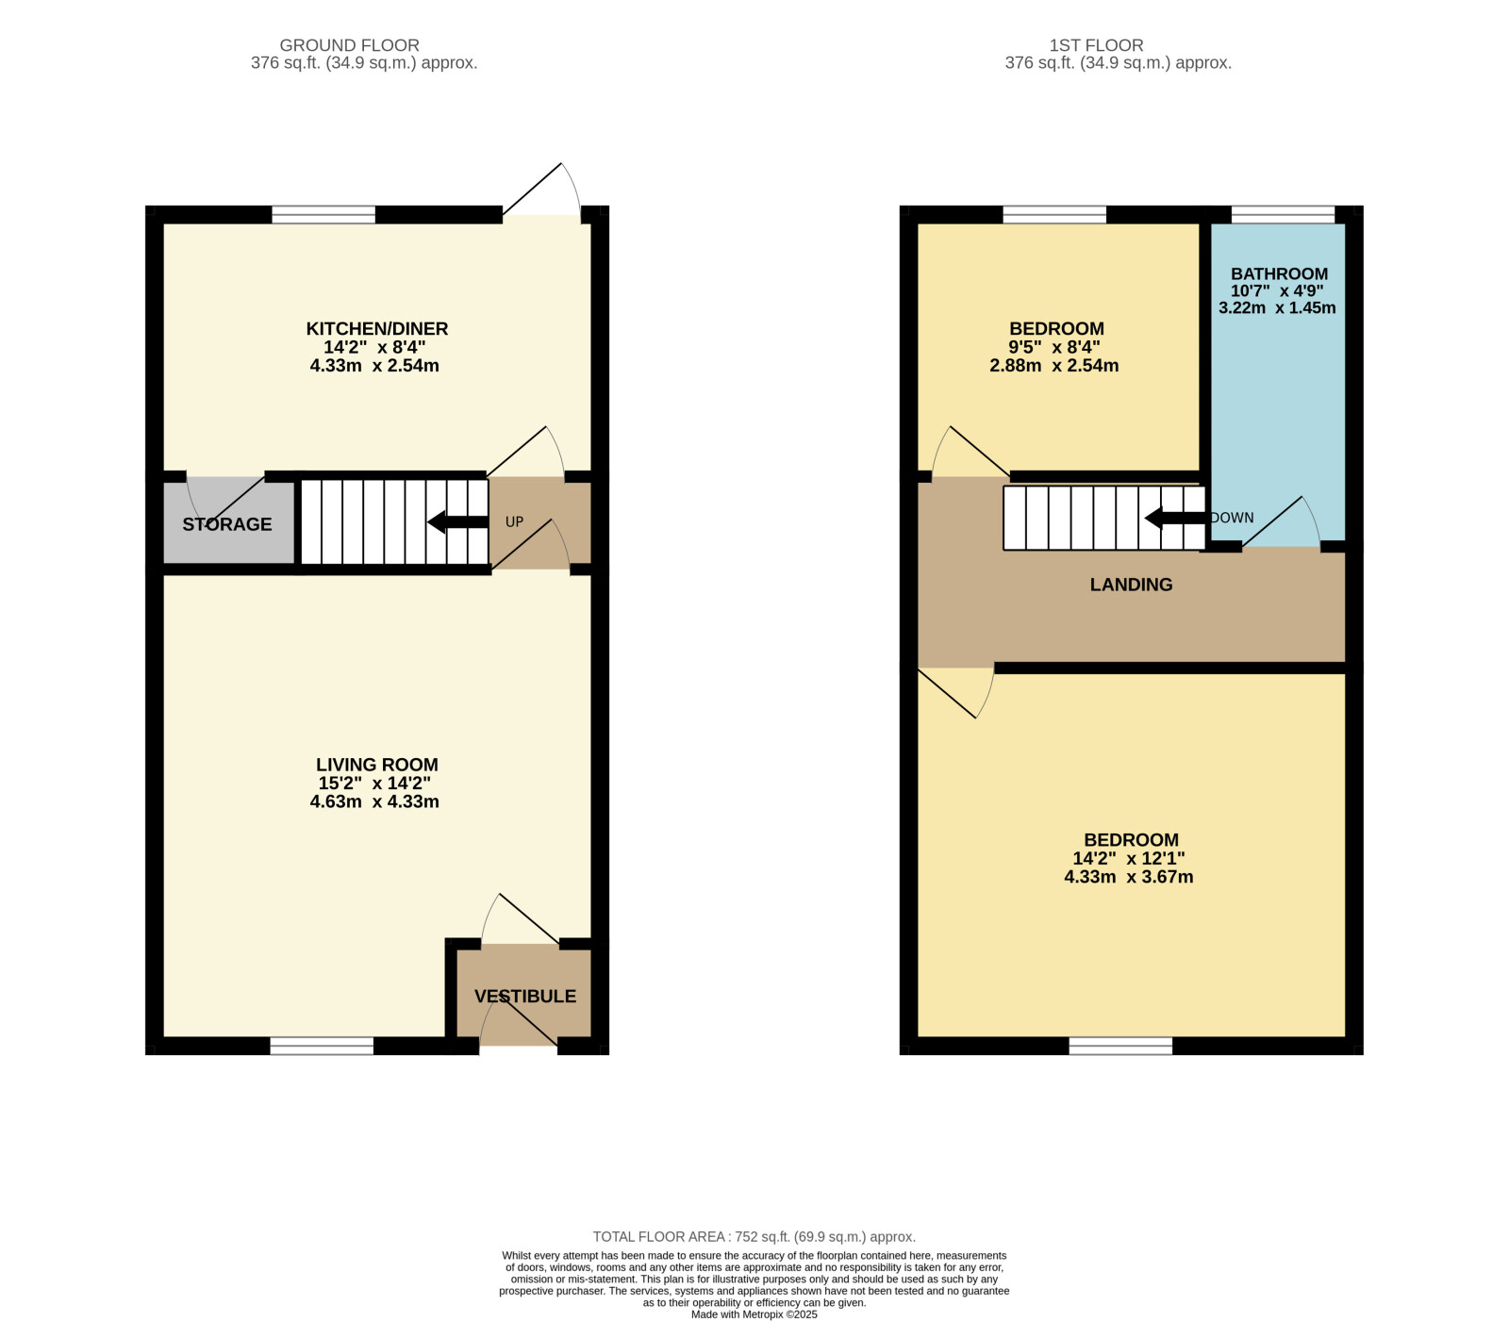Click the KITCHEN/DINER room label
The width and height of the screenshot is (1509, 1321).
[377, 329]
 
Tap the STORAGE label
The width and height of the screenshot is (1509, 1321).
[227, 524]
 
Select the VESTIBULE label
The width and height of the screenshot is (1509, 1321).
[525, 997]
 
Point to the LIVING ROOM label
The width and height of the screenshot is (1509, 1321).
[377, 765]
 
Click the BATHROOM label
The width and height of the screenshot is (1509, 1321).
[1279, 273]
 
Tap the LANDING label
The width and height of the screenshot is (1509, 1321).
[1132, 585]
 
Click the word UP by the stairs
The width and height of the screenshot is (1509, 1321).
[514, 521]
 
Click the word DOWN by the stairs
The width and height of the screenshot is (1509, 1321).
[1233, 518]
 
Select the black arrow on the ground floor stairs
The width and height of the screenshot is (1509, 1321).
[458, 521]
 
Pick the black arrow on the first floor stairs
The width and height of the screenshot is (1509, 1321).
[1175, 518]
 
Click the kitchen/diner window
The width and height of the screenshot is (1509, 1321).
[323, 215]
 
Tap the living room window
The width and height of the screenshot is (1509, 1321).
[322, 1046]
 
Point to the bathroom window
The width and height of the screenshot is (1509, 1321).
[1283, 215]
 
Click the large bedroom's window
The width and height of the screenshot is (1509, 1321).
[1120, 1046]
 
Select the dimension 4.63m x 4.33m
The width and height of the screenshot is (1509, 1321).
[374, 802]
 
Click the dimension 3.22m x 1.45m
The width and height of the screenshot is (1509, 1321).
[1277, 308]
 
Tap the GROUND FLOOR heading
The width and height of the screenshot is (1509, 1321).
[350, 45]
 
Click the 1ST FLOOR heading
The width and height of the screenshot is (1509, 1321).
[1097, 45]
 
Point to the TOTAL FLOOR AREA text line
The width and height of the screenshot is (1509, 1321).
[754, 1237]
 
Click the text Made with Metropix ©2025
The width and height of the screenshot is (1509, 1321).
[754, 1314]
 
